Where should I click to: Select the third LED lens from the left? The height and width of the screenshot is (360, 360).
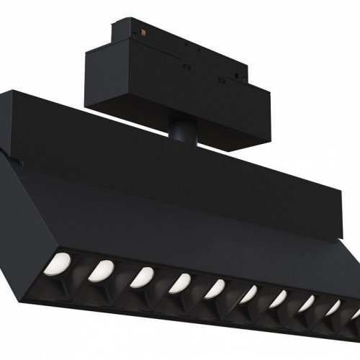[141, 276]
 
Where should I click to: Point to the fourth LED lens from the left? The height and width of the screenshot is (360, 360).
[179, 284]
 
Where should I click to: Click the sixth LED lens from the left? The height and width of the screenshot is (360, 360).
[248, 294]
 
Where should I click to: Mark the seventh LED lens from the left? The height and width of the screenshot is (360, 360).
[277, 300]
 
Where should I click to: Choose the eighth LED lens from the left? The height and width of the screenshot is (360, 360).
[305, 305]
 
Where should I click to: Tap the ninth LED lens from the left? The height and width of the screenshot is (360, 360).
[332, 309]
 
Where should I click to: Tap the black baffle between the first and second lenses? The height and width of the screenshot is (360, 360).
[81, 270]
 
